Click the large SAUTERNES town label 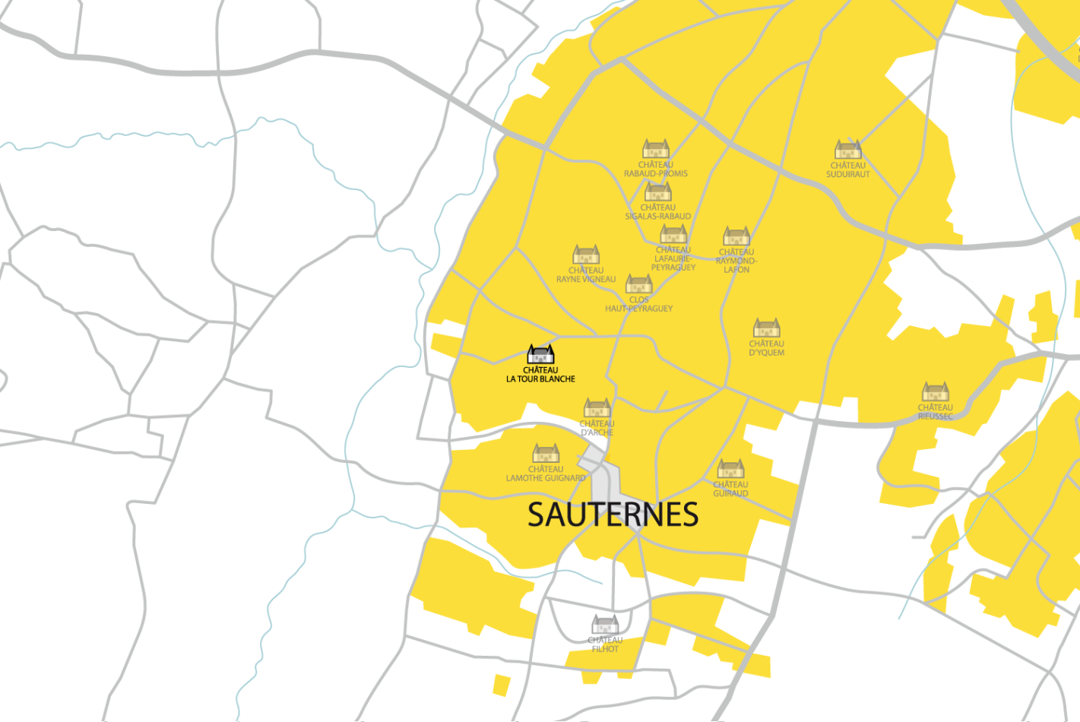click(x=613, y=515)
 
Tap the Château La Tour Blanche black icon click(x=540, y=354)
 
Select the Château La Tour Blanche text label click(x=540, y=375)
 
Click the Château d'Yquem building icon click(x=766, y=328)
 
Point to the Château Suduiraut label click(x=847, y=169)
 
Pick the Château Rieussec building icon click(x=935, y=391)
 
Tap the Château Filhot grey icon click(x=605, y=624)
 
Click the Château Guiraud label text click(x=730, y=489)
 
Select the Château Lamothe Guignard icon click(x=546, y=453)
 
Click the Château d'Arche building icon click(x=597, y=408)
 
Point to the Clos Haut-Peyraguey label click(x=638, y=304)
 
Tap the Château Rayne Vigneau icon click(x=586, y=254)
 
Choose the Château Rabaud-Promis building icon click(x=655, y=148)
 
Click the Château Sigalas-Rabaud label click(x=657, y=211)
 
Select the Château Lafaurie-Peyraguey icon click(x=673, y=233)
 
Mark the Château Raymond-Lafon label click(x=736, y=261)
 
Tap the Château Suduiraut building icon click(x=847, y=149)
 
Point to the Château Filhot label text click(x=605, y=644)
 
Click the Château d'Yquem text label click(x=766, y=348)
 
